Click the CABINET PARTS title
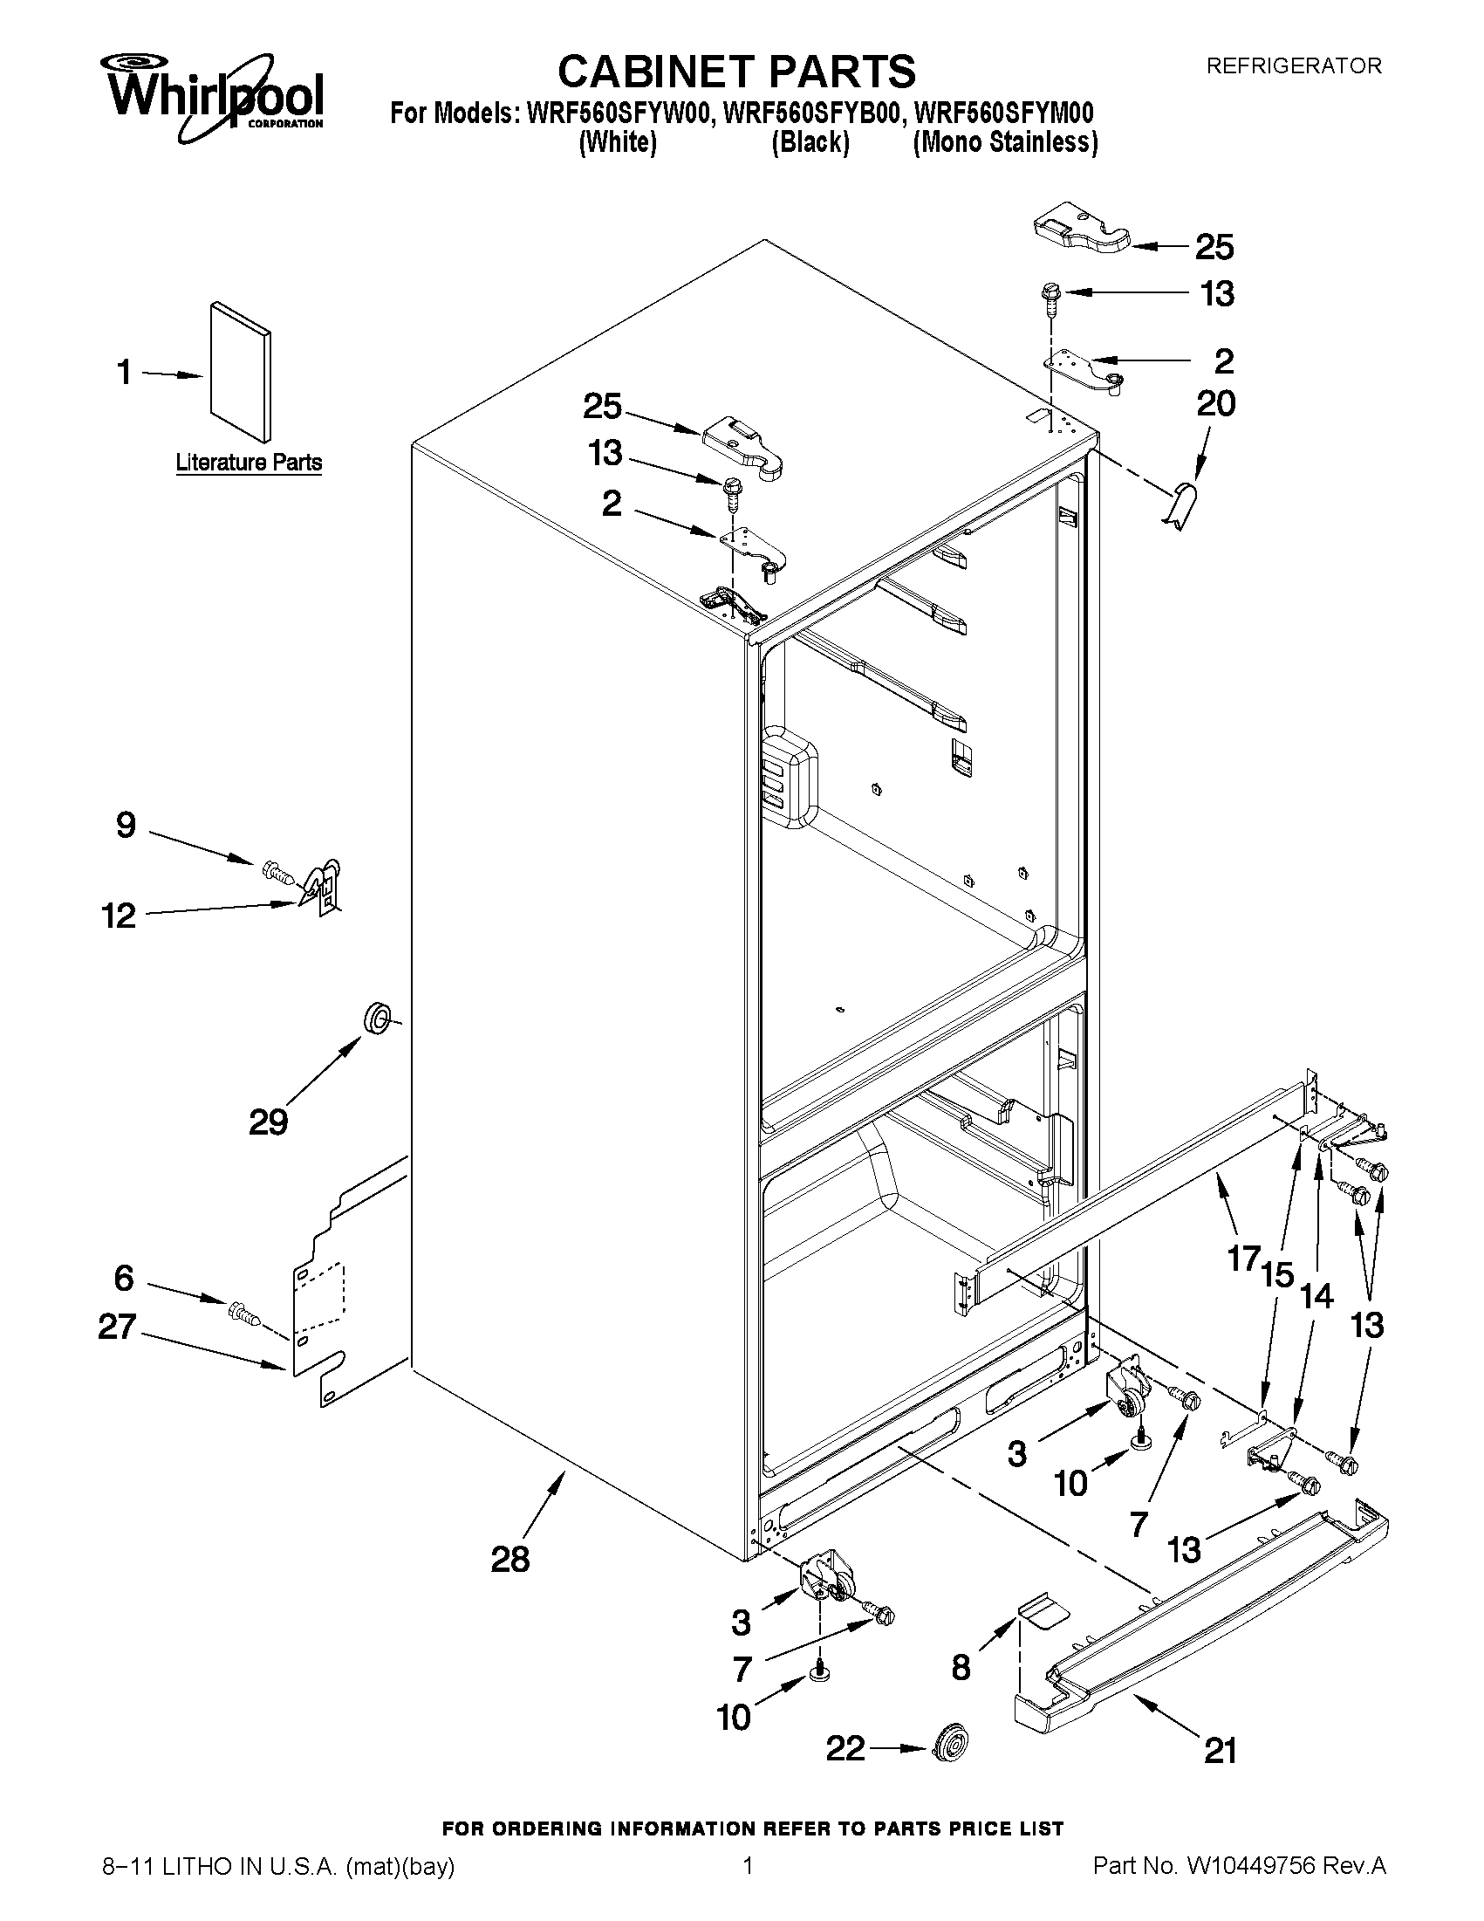(736, 71)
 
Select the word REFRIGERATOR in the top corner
(1292, 66)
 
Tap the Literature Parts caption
(249, 463)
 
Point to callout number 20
(1216, 404)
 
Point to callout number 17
(1244, 1259)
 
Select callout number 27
(117, 1327)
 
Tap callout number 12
(119, 916)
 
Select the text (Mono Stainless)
(1005, 142)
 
